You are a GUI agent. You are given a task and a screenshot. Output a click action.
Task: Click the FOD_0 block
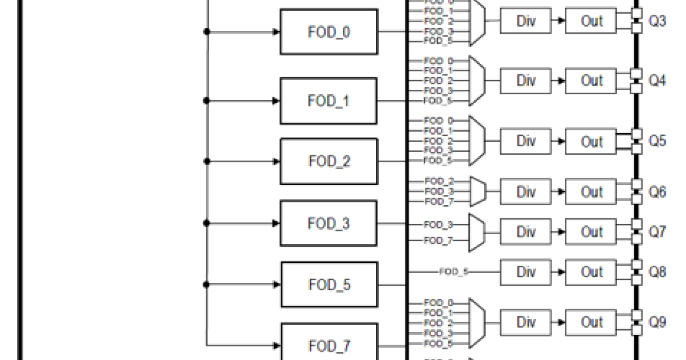pos(329,32)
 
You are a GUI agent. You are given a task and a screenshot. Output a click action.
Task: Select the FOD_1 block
pos(329,101)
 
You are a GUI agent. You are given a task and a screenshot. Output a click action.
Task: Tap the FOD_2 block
pos(329,161)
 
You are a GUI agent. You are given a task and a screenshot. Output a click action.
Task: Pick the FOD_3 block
pos(329,223)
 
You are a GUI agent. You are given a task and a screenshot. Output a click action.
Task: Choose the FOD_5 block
pos(329,285)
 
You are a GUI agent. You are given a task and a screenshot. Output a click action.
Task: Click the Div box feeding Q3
pos(526,21)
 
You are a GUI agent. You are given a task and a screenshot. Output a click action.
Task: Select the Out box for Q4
pos(591,81)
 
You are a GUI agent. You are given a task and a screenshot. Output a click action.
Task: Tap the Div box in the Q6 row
pos(526,192)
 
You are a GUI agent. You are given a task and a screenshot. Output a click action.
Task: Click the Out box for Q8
pos(591,271)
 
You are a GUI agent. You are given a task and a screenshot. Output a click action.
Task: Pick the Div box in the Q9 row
pos(526,322)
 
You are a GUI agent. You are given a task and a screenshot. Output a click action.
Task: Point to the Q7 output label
pos(657,232)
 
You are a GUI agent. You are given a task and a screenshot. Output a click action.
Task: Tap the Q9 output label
pos(657,323)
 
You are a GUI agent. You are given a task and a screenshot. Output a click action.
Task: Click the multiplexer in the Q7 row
pos(476,232)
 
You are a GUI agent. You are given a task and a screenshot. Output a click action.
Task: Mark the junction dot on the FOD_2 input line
pos(207,162)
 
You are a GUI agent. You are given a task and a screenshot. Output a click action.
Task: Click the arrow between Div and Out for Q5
pos(559,141)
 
